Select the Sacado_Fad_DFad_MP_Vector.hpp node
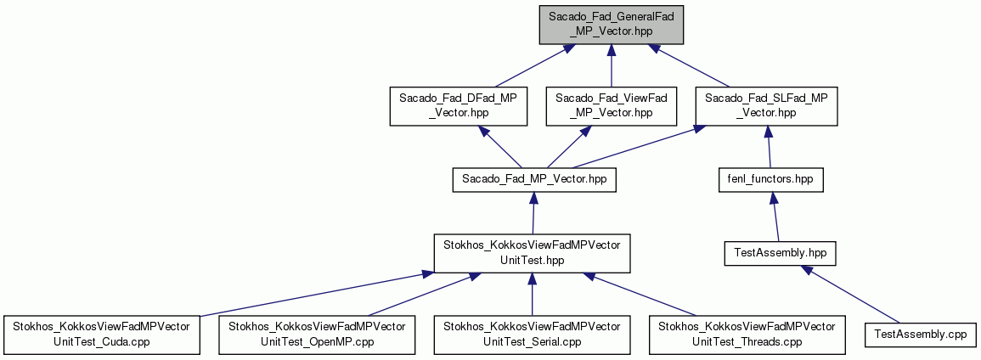pos(457,105)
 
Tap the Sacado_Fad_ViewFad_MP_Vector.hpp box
pos(612,105)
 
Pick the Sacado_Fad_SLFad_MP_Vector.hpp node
pos(766,105)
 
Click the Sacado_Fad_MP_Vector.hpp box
pos(533,179)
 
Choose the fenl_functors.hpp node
pos(770,179)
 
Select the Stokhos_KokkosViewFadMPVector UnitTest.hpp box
pos(532,253)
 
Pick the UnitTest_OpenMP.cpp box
pos(317,335)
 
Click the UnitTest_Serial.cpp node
pos(532,335)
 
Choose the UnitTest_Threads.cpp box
pos(747,335)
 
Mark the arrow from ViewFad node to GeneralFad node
pos(612,65)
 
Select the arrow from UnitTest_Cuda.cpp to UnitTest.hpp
pos(311,294)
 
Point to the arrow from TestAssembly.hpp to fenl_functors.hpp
pos(775,217)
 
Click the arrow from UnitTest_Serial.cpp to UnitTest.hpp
pos(532,295)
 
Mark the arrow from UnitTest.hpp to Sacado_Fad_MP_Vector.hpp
pos(533,212)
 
